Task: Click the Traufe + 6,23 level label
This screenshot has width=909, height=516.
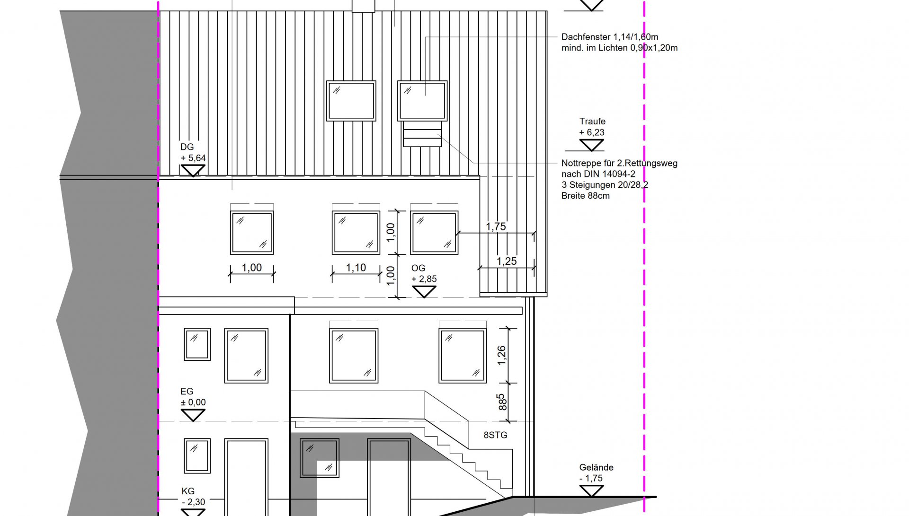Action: [592, 127]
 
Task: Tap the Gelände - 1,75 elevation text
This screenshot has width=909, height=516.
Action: [596, 472]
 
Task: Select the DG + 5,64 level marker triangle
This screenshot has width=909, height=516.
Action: [193, 171]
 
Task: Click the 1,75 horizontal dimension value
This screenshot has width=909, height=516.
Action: [496, 227]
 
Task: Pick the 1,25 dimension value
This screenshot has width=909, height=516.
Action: [507, 261]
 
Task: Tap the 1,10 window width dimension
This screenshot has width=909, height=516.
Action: [356, 268]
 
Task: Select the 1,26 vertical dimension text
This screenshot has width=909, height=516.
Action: [502, 355]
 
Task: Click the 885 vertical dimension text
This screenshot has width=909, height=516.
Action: [502, 402]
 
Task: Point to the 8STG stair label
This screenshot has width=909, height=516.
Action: [495, 435]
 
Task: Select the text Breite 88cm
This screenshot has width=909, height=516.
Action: [586, 196]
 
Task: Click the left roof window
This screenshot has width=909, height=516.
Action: [351, 101]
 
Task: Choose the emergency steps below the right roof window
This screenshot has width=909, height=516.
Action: [422, 134]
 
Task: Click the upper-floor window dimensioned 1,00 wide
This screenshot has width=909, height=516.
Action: [252, 233]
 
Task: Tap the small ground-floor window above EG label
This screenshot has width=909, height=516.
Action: [197, 344]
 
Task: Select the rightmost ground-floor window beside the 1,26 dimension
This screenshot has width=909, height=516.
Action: [463, 356]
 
